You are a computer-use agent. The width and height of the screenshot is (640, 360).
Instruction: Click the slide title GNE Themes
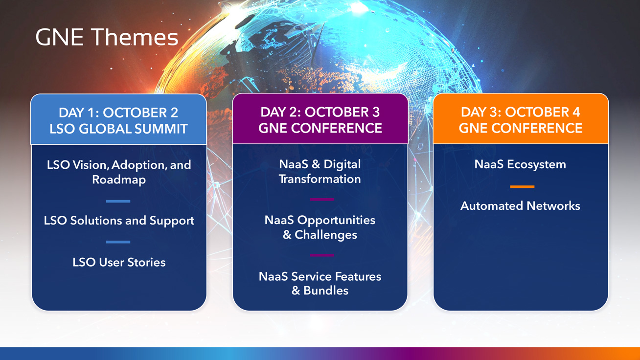tap(107, 37)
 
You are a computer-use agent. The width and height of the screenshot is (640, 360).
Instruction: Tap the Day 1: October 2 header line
tap(118, 112)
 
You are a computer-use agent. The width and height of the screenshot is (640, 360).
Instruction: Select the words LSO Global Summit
tap(118, 129)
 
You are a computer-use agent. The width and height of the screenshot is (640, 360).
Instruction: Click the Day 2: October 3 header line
tap(320, 112)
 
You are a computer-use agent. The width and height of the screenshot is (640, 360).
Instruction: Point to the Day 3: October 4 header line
tap(521, 112)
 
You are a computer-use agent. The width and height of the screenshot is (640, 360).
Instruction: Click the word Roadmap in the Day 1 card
tap(119, 180)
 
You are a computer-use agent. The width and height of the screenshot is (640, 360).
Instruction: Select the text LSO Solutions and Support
tap(119, 221)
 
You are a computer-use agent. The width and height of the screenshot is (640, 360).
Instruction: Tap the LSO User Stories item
tap(119, 262)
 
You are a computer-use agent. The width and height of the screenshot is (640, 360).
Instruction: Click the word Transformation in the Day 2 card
tap(320, 179)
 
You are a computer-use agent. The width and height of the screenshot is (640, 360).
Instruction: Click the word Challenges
tap(326, 235)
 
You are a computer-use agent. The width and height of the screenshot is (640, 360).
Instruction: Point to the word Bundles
tap(326, 291)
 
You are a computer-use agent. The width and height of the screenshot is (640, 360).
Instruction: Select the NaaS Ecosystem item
tap(520, 164)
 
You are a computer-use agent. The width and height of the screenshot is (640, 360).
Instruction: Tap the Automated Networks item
tap(520, 206)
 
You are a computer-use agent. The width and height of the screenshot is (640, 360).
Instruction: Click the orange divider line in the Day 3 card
tap(522, 187)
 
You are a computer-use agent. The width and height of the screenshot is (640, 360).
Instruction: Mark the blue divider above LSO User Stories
tap(118, 242)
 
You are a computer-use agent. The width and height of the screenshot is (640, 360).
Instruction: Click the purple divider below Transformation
tap(322, 200)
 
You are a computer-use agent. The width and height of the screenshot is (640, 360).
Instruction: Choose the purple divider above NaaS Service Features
tap(322, 255)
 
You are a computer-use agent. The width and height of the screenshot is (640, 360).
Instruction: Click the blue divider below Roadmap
tap(118, 202)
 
